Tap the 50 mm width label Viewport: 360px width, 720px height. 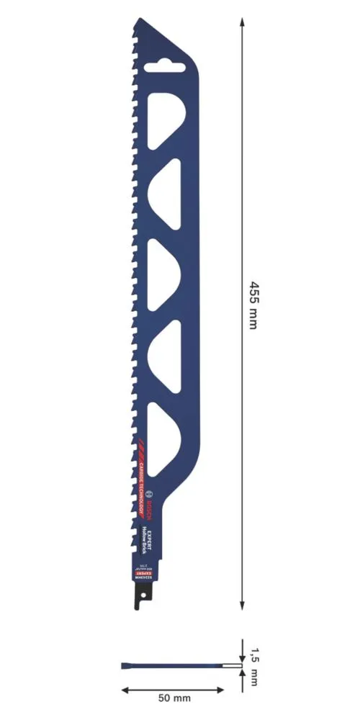click(x=174, y=698)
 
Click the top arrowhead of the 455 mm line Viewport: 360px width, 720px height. click(x=241, y=24)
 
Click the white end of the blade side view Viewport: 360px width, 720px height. click(x=231, y=665)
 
